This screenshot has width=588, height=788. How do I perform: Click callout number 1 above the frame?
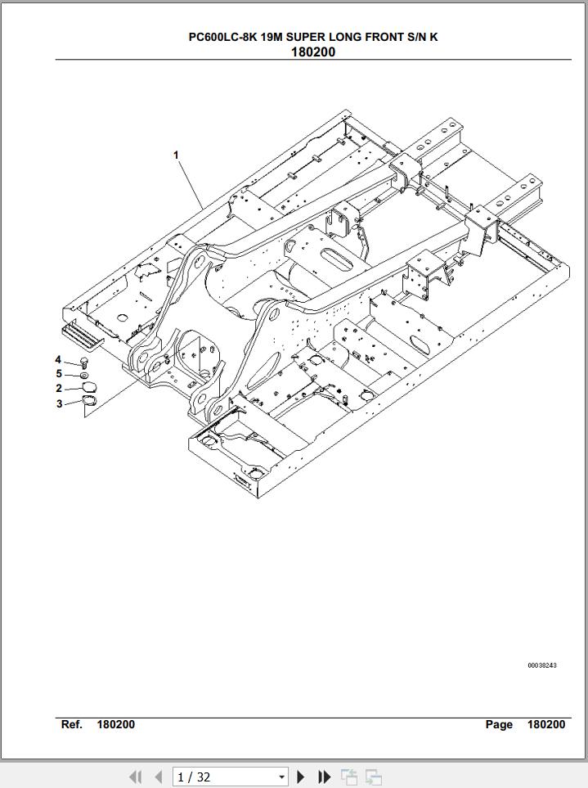[176, 155]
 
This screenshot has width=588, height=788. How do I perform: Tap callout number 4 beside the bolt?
[58, 359]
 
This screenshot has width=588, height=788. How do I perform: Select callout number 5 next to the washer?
[59, 373]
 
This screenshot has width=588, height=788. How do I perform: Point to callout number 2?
[59, 388]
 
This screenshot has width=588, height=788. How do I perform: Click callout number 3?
[59, 403]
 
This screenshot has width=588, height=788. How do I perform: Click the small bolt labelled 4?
[84, 362]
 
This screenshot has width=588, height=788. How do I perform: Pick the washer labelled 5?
[84, 376]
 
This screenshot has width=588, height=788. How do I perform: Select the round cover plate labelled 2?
[89, 386]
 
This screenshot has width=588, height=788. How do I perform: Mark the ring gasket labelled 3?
[89, 400]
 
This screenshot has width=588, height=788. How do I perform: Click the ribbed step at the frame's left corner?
[82, 336]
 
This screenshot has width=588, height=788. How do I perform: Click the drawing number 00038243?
[542, 665]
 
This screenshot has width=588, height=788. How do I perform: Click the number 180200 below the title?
[313, 52]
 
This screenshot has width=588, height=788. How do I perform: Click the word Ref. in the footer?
[72, 724]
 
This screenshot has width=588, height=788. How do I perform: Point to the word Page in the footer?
[499, 724]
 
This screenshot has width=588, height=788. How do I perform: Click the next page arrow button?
[301, 777]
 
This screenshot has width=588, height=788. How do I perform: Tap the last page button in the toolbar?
[325, 777]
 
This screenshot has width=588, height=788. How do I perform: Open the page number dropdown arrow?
[281, 777]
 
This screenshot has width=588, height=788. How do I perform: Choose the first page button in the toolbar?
[135, 777]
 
